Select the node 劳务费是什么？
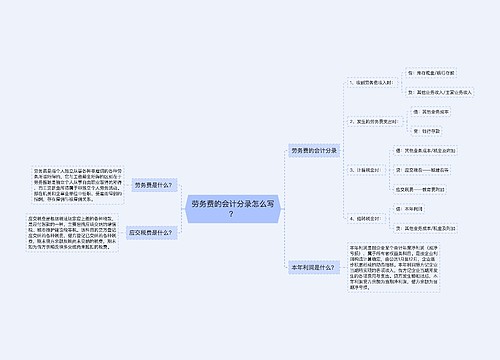[x=152, y=185]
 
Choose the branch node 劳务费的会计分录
[x=313, y=150]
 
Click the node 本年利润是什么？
[x=313, y=267]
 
